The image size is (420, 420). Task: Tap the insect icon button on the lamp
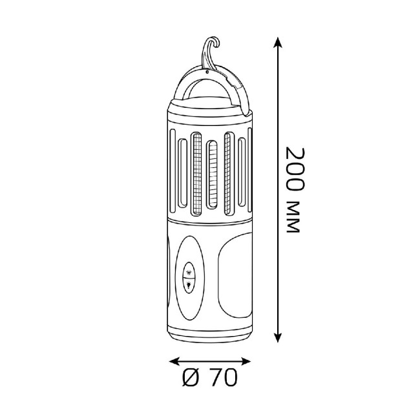coord(189,271)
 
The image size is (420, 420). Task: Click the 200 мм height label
coord(295,189)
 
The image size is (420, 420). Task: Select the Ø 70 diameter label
coord(210,377)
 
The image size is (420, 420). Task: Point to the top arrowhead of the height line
coord(278,42)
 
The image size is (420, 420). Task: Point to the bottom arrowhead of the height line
coord(278,337)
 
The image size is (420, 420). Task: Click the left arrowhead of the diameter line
coord(174,361)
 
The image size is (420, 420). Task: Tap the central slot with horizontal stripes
coord(212,174)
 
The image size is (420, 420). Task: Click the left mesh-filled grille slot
coord(197,174)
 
